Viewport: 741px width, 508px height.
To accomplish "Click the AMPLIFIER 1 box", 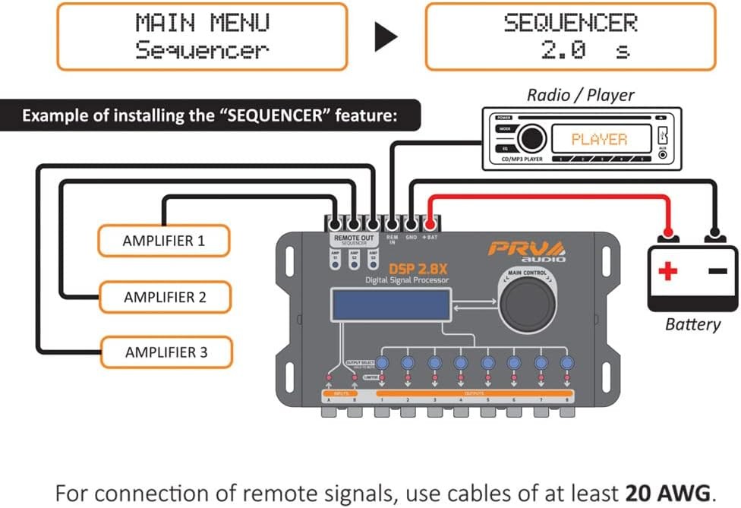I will [163, 241].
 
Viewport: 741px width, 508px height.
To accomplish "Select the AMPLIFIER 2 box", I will [165, 297].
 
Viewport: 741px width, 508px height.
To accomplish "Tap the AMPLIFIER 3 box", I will [166, 352].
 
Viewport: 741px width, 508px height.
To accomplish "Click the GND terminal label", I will [411, 238].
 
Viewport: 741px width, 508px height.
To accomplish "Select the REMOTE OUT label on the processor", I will [354, 238].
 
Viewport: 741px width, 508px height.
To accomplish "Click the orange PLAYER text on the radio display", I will [599, 140].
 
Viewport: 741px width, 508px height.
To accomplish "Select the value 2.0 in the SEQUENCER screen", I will [563, 51].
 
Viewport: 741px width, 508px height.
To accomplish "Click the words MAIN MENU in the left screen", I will [202, 24].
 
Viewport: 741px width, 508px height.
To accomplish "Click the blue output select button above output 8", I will [566, 363].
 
